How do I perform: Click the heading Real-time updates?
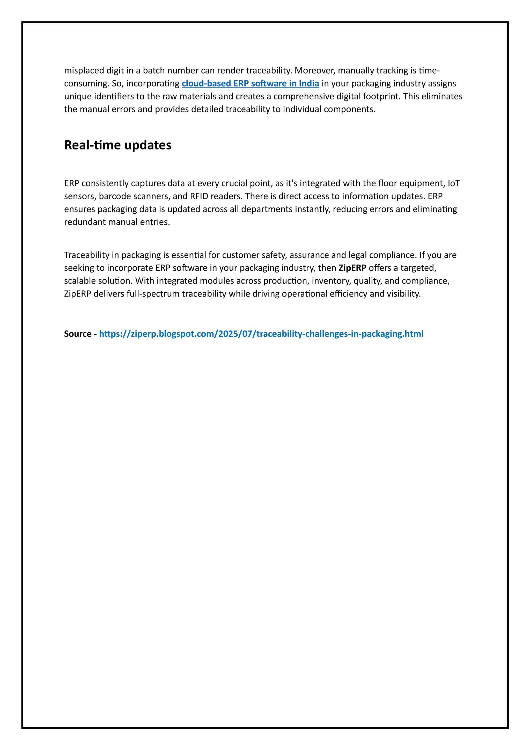point(117,145)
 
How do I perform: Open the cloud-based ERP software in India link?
point(250,83)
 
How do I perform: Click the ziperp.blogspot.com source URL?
point(261,334)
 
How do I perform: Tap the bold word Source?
point(78,334)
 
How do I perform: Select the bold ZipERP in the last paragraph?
point(352,268)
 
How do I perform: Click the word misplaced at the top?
point(83,70)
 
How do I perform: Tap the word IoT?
point(454,183)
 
